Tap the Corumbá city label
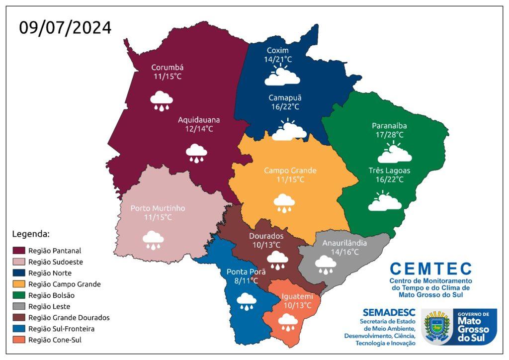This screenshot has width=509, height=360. tap(168, 68)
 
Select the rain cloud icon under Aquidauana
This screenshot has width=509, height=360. tap(196, 153)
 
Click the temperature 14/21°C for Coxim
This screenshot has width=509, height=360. tap(278, 60)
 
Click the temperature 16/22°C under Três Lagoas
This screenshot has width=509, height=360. tap(389, 180)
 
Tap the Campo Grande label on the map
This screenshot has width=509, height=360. tap(290, 171)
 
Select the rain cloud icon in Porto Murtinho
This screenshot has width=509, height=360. tap(153, 240)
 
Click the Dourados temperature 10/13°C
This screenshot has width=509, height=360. tap(266, 245)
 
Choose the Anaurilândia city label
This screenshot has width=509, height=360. tap(344, 243)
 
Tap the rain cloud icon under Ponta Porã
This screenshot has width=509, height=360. tap(246, 300)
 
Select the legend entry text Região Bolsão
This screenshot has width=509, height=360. tap(51, 295)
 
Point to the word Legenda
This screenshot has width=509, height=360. tap(30, 233)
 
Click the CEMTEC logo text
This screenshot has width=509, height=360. tap(430, 269)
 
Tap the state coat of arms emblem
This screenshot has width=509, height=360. tap(436, 326)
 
